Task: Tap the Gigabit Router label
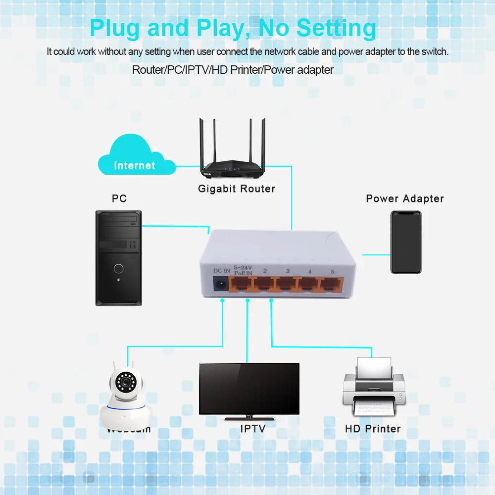(x=237, y=189)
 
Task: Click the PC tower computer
(x=118, y=257)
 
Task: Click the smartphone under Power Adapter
(x=406, y=242)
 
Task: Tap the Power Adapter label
(x=405, y=198)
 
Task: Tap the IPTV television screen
(x=249, y=389)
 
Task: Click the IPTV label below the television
(x=253, y=429)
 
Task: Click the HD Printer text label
(x=373, y=429)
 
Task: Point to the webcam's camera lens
(x=125, y=383)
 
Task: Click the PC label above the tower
(x=119, y=198)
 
